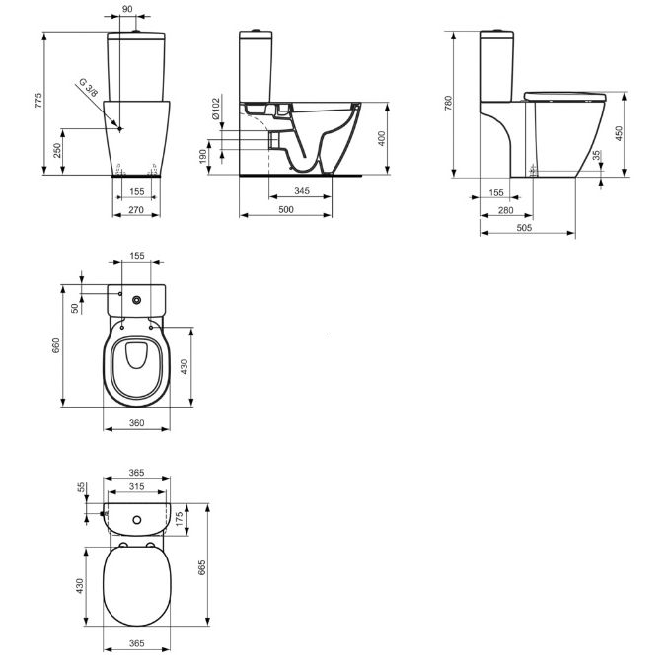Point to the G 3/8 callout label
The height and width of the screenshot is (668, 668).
click(92, 88)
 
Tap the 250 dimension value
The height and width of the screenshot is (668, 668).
click(57, 150)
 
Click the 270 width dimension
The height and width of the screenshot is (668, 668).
click(136, 209)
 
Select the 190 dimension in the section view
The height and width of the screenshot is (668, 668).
click(203, 156)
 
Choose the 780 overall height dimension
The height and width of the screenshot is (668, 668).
click(449, 104)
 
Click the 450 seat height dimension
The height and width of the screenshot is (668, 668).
click(619, 135)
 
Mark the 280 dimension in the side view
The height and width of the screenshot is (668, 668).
click(506, 210)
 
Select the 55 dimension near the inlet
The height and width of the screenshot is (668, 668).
click(81, 487)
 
